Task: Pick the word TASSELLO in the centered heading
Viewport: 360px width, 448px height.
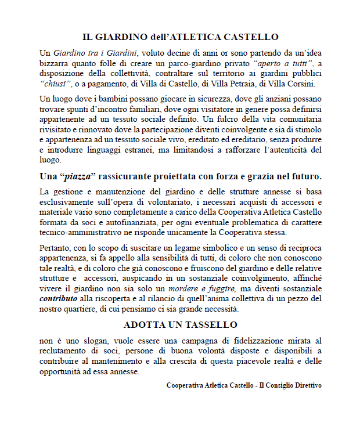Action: click(x=209, y=324)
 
